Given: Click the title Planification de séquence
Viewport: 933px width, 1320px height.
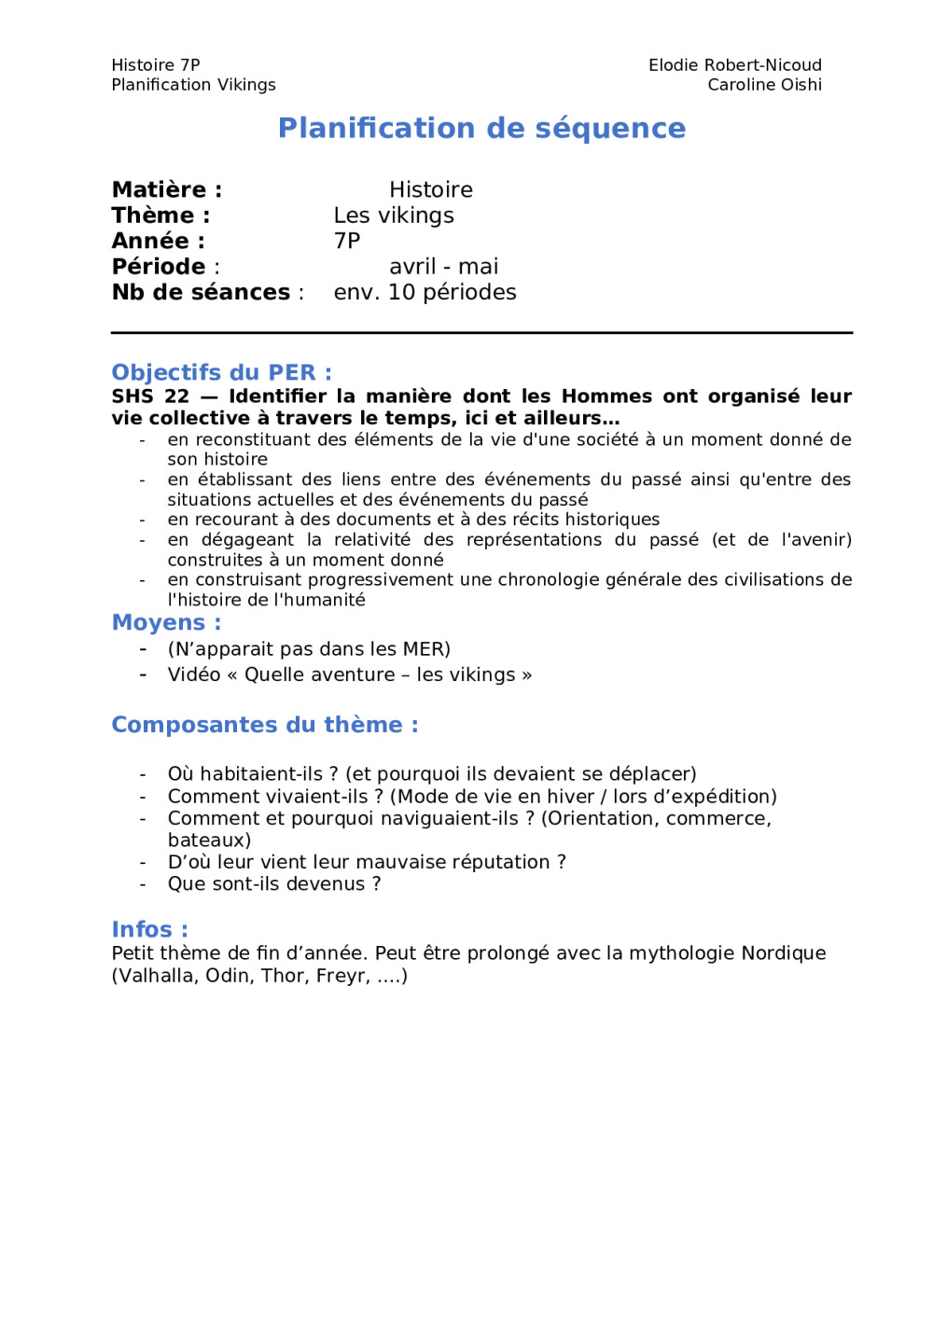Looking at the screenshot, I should [x=481, y=128].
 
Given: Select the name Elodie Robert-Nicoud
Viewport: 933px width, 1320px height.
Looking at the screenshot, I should [x=735, y=65].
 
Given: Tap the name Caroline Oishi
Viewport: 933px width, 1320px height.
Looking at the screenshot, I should [x=764, y=85].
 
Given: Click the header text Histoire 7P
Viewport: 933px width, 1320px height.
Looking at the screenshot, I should [x=156, y=65].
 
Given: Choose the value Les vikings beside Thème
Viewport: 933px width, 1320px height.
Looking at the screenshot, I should [x=394, y=215].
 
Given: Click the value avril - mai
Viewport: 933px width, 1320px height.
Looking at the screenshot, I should [x=444, y=267].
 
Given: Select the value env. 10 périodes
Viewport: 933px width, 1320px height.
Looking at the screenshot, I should [x=425, y=293].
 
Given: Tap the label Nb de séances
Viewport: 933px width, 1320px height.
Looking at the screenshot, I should [x=201, y=293].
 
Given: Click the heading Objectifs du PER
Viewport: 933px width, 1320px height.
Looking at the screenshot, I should [x=221, y=373].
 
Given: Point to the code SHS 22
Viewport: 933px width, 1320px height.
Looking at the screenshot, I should [x=150, y=396].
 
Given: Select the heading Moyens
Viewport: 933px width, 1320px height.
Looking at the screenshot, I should [x=166, y=623].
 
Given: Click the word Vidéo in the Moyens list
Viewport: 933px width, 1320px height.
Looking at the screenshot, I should [x=193, y=675].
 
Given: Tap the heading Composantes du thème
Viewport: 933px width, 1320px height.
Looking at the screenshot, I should [x=264, y=725].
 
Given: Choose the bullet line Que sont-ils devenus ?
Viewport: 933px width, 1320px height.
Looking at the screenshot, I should [x=274, y=884].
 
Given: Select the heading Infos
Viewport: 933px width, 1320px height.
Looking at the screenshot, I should [x=149, y=930].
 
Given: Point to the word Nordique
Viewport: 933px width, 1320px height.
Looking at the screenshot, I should [x=783, y=953].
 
